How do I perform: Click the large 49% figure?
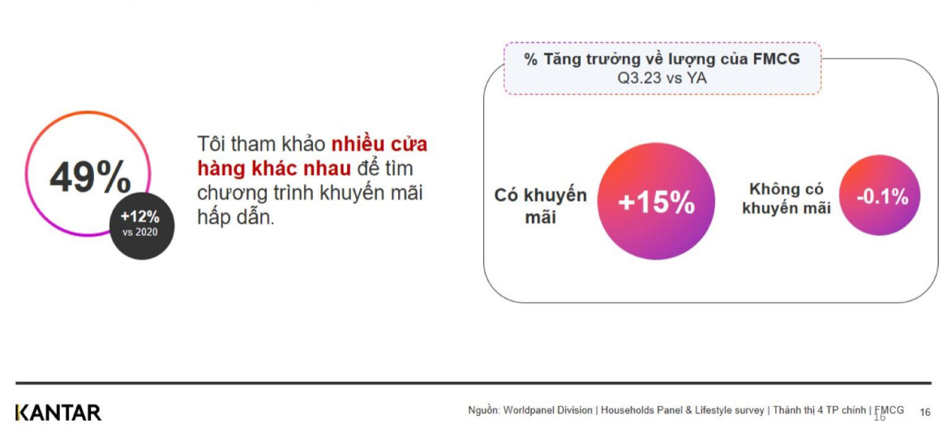click(89, 177)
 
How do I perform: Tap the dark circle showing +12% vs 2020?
click(141, 225)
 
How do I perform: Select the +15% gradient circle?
click(656, 202)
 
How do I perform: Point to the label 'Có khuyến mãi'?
click(540, 207)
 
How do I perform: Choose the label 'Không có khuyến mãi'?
click(786, 199)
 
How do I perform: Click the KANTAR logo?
click(58, 412)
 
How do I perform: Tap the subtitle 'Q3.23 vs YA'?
click(662, 79)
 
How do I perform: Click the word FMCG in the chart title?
click(776, 59)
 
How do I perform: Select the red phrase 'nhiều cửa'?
click(379, 144)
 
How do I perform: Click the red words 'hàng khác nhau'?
click(273, 169)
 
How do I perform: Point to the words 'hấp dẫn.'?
click(236, 217)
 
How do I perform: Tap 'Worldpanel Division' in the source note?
click(547, 410)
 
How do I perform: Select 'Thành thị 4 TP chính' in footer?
click(820, 410)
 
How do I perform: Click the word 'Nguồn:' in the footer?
click(483, 410)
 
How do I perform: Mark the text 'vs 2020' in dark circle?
click(140, 233)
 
